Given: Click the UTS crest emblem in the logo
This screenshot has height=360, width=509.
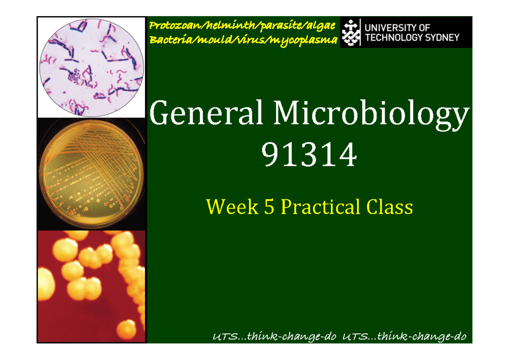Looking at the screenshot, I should coord(350,32).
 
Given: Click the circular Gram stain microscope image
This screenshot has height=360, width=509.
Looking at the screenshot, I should coord(92,67).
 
